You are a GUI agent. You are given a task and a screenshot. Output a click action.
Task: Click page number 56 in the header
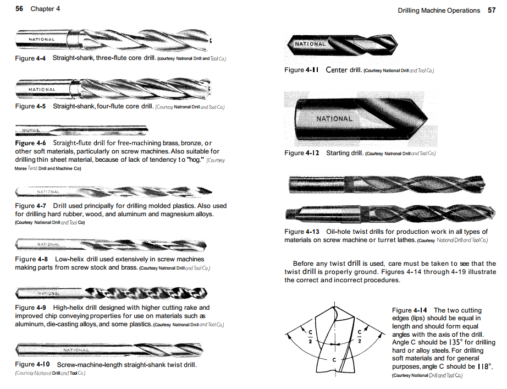(19, 9)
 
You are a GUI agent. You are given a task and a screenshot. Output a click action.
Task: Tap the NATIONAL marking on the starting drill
(334, 118)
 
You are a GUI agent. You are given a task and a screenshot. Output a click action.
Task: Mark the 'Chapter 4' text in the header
(45, 9)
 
